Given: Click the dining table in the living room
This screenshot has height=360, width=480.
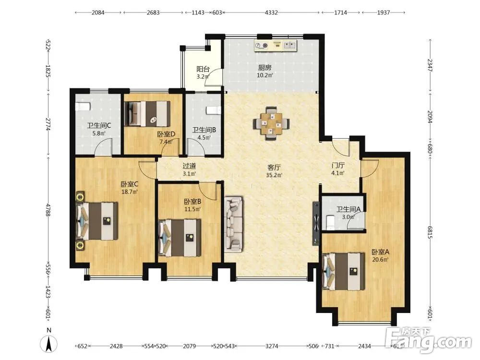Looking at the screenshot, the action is (271, 123).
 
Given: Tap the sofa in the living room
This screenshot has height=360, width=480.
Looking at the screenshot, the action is (234, 225).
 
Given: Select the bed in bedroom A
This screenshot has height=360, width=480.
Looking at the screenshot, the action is (344, 271).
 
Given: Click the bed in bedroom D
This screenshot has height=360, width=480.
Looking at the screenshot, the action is (147, 114).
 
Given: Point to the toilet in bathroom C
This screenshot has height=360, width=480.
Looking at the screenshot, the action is (83, 107).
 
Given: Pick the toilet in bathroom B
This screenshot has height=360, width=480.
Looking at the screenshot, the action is (214, 110).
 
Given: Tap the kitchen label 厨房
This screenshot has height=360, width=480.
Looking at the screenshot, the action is (264, 68).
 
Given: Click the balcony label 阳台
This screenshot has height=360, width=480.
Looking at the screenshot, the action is (203, 69).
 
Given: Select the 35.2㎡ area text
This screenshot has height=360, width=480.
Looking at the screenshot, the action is (274, 175).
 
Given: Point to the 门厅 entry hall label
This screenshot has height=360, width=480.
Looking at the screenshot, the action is (338, 166).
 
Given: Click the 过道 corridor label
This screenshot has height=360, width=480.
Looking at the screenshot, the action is (189, 166).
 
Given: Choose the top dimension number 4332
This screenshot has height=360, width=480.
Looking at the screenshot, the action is (271, 12).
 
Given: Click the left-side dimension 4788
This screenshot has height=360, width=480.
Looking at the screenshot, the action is (48, 210).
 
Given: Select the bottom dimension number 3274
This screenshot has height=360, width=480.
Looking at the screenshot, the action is (272, 346).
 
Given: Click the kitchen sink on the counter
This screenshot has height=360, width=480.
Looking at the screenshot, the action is (289, 45).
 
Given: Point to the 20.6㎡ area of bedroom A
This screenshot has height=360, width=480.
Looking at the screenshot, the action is (380, 260).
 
